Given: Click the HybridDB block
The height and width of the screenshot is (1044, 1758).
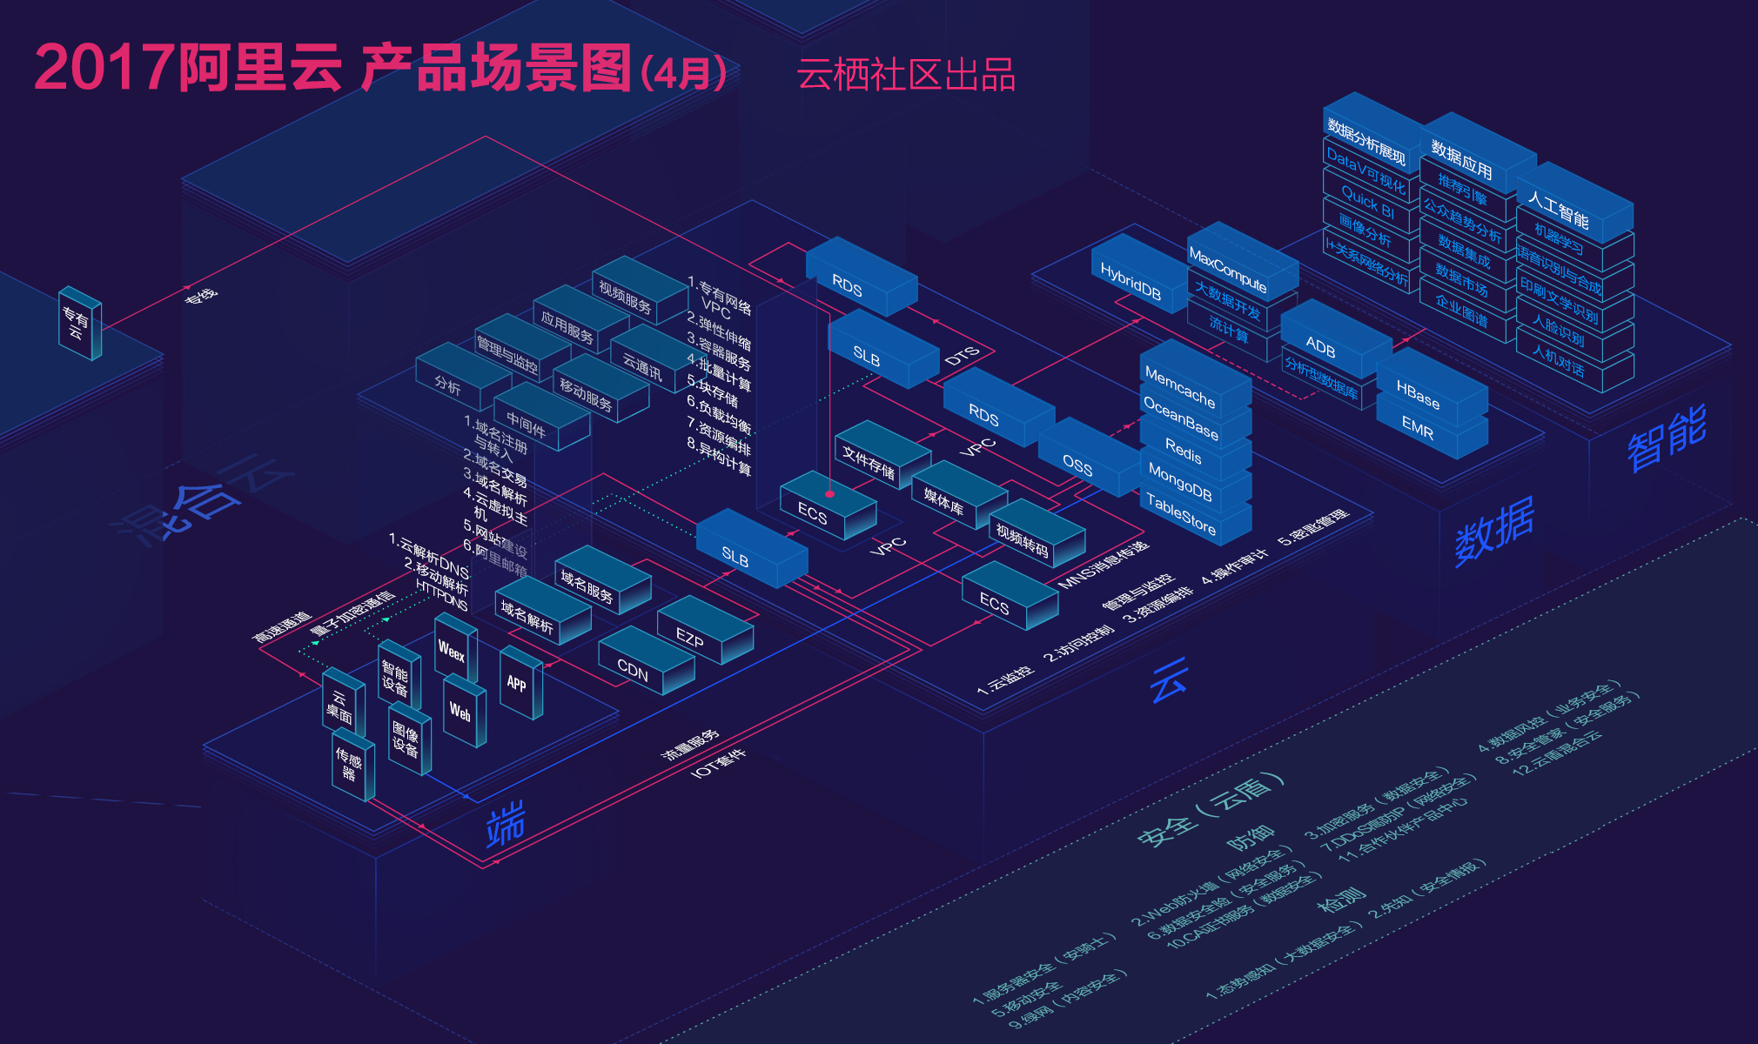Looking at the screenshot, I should [1131, 281].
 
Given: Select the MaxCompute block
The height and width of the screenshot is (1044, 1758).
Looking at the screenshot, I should [1228, 270].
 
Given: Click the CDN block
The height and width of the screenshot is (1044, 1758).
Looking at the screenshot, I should [634, 671].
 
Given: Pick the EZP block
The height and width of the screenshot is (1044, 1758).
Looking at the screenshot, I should [690, 639].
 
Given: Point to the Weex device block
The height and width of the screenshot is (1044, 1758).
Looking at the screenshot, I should [452, 650].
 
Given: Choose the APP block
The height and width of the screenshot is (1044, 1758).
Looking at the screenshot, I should [517, 684].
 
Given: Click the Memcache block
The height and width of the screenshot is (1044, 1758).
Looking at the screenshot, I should [1180, 386].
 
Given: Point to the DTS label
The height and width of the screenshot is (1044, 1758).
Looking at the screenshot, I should [962, 356].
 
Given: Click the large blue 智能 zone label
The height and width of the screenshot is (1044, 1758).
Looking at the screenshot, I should [1667, 437].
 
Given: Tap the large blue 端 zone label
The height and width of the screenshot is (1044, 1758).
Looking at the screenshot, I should [506, 823].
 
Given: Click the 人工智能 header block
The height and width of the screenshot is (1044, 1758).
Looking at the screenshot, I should [1559, 210].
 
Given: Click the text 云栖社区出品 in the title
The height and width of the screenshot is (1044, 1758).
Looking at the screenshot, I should [906, 75].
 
